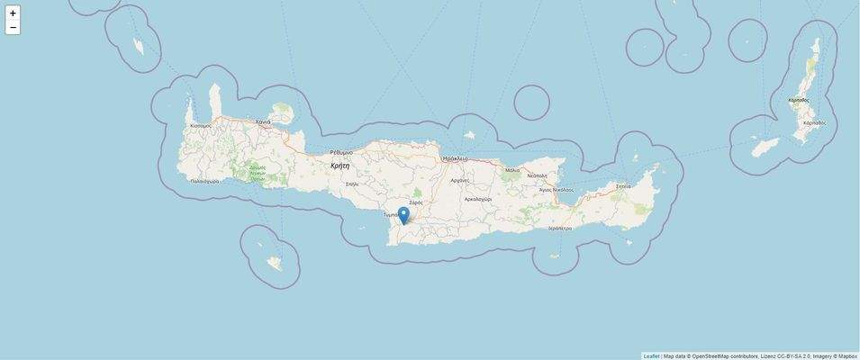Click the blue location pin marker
403,215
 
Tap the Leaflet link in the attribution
651,355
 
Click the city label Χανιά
263,121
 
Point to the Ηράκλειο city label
456,158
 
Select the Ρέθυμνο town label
341,152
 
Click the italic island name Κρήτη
339,166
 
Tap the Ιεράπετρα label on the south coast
560,229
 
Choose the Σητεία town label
623,186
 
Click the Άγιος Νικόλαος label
557,190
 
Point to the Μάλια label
512,170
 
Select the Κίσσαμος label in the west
201,126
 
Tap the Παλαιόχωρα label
204,181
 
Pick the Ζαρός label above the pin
416,202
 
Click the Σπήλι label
352,184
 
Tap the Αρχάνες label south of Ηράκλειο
460,180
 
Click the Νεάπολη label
538,175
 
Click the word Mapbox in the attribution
847,355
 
